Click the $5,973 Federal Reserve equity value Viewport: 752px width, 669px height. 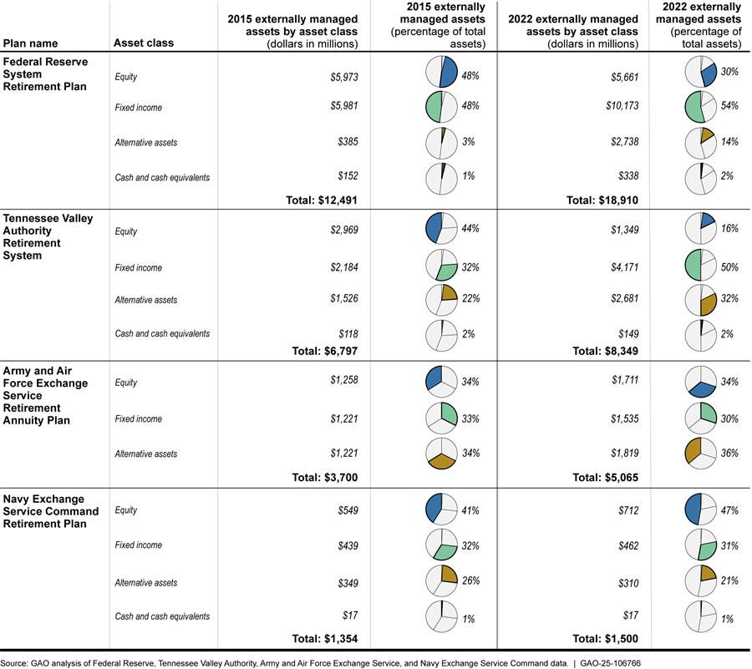pyautogui.click(x=343, y=77)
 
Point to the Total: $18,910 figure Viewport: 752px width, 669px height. pyautogui.click(x=604, y=200)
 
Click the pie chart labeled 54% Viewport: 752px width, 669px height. pyautogui.click(x=699, y=108)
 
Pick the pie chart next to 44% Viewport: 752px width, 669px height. pyautogui.click(x=440, y=229)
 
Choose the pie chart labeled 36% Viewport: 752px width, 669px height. pyautogui.click(x=699, y=454)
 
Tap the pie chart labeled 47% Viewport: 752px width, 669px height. pyautogui.click(x=699, y=509)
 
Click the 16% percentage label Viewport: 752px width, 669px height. pyautogui.click(x=729, y=228)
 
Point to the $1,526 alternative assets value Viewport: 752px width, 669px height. pyautogui.click(x=343, y=300)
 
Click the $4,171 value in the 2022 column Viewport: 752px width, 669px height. pyautogui.click(x=624, y=268)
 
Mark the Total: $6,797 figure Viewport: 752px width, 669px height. pyautogui.click(x=323, y=352)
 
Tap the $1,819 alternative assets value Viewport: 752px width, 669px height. pyautogui.click(x=624, y=454)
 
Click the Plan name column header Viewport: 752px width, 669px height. pyautogui.click(x=32, y=43)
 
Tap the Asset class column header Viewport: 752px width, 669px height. pyautogui.click(x=144, y=43)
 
